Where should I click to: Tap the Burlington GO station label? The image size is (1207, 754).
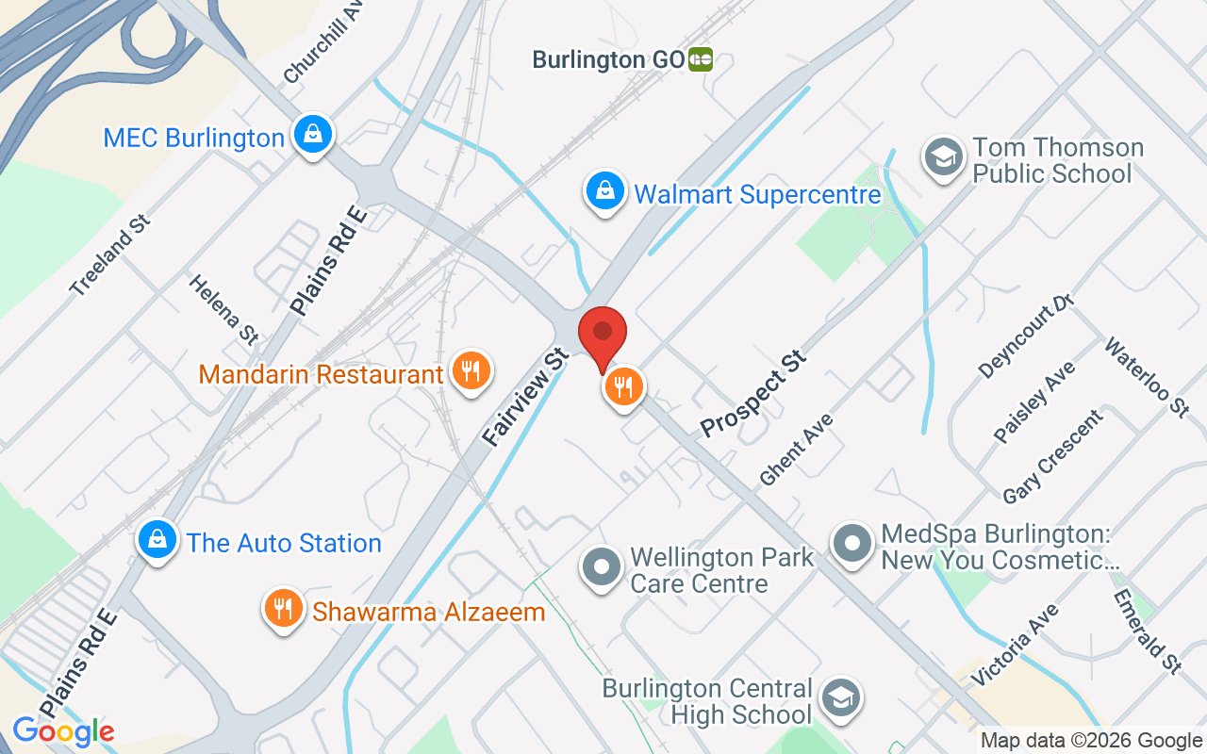pos(607,59)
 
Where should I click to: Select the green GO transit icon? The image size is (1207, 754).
pos(701,59)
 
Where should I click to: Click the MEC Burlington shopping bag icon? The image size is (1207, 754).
pos(310,135)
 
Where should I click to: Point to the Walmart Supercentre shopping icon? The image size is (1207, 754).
pos(603,191)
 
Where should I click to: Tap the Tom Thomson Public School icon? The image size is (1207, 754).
pos(941,157)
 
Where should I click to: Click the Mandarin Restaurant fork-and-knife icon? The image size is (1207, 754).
pos(470,371)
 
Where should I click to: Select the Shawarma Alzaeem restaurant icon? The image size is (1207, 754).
pos(281,610)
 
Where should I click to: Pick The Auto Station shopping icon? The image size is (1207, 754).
pos(157,541)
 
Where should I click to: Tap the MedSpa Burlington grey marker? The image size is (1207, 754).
pos(852,544)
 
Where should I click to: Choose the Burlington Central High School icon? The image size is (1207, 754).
pos(836,699)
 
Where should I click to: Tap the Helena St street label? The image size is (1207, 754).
pos(223,308)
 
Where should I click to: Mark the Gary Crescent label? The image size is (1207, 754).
pos(1052,456)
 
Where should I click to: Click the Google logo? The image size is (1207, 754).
pos(63,731)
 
